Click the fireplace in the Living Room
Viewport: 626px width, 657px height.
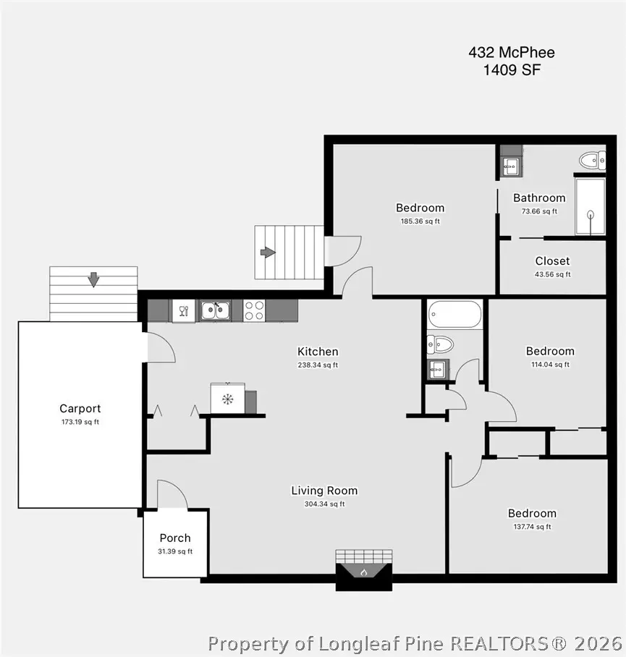click(x=363, y=569)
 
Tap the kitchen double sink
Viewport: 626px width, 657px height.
click(x=215, y=310)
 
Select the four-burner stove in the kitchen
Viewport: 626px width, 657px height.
click(x=253, y=310)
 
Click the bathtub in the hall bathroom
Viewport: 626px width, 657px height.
click(x=454, y=315)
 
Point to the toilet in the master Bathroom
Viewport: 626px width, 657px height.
click(x=593, y=160)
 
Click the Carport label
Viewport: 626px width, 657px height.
click(x=80, y=409)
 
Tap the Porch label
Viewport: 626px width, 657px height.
click(x=175, y=538)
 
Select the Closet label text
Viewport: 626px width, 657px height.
click(x=552, y=261)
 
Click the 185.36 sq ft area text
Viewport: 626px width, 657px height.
click(x=420, y=221)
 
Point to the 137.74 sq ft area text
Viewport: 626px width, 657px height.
click(x=532, y=527)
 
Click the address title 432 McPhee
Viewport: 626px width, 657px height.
click(x=512, y=52)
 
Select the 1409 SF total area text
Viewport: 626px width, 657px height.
click(x=512, y=70)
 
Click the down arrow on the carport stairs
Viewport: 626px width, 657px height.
click(x=93, y=279)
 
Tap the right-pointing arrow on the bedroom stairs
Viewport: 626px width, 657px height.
click(x=268, y=252)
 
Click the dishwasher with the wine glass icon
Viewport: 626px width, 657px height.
click(x=183, y=310)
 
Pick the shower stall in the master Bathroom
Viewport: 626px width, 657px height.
click(x=590, y=207)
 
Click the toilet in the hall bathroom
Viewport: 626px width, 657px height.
click(x=439, y=344)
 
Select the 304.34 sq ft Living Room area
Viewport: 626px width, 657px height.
click(x=324, y=504)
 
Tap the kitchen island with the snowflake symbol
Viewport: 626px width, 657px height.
click(x=228, y=399)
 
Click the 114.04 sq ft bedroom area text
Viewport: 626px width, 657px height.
click(x=550, y=365)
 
